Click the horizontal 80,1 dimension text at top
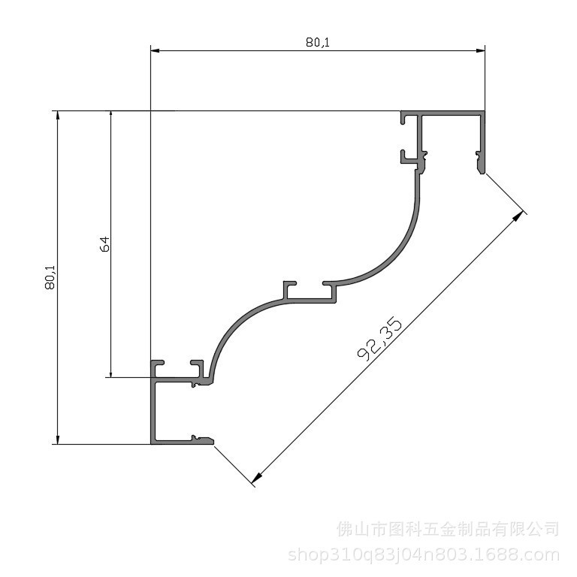coord(317,43)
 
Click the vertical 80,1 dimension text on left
coord(50,277)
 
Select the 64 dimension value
coord(104,244)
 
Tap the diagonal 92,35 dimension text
coord(380,340)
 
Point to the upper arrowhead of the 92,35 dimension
coord(518,216)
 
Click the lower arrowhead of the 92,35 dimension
coord(257,476)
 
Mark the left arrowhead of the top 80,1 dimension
coord(156,50)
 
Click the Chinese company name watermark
coord(448,529)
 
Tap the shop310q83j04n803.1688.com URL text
coord(424,555)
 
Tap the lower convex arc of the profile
coord(233,327)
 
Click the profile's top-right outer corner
coord(484,112)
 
